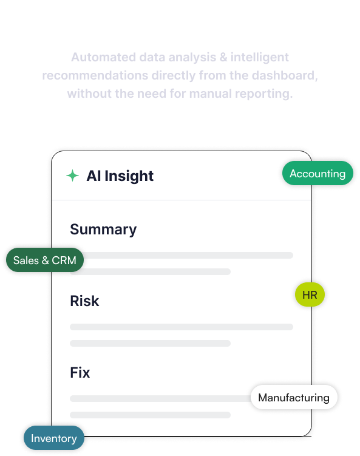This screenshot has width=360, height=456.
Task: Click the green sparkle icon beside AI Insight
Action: pyautogui.click(x=72, y=175)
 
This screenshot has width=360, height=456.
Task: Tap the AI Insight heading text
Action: pyautogui.click(x=120, y=176)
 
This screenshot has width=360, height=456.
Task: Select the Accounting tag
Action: pyautogui.click(x=318, y=173)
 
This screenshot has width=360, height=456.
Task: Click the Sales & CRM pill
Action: pyautogui.click(x=45, y=260)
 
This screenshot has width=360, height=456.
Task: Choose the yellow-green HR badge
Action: pyautogui.click(x=310, y=294)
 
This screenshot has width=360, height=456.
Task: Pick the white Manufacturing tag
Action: pyautogui.click(x=294, y=398)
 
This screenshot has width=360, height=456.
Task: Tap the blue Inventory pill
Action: pyautogui.click(x=54, y=438)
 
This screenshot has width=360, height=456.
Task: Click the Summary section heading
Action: pyautogui.click(x=103, y=230)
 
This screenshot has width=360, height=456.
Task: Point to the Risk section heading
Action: pyautogui.click(x=84, y=301)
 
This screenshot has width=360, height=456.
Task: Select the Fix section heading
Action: pyautogui.click(x=80, y=372)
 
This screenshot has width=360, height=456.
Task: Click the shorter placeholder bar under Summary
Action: pyautogui.click(x=151, y=271)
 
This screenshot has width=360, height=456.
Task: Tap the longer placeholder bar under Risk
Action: pyautogui.click(x=182, y=327)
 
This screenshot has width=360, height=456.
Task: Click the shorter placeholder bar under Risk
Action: pyautogui.click(x=151, y=344)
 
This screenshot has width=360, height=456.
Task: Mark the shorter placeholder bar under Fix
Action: pyautogui.click(x=151, y=415)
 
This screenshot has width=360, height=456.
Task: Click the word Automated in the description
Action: pyautogui.click(x=104, y=57)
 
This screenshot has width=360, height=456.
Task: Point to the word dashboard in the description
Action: pyautogui.click(x=285, y=76)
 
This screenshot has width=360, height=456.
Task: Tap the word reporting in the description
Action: pyautogui.click(x=263, y=94)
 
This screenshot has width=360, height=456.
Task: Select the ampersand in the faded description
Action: pyautogui.click(x=223, y=57)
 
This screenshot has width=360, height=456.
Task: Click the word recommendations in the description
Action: pyautogui.click(x=95, y=76)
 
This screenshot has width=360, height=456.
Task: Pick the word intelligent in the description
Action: pyautogui.click(x=260, y=57)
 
